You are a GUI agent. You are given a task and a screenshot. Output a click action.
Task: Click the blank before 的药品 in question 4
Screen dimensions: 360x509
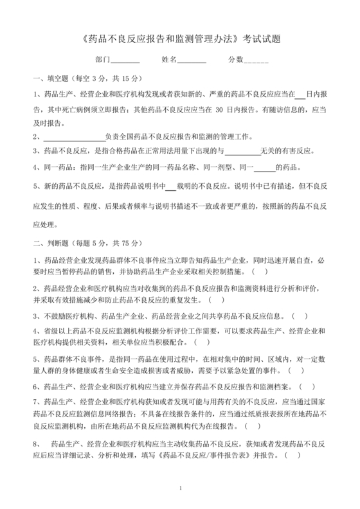tap(264, 167)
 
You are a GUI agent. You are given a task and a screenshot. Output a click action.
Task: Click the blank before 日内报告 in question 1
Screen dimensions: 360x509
tap(300, 94)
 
